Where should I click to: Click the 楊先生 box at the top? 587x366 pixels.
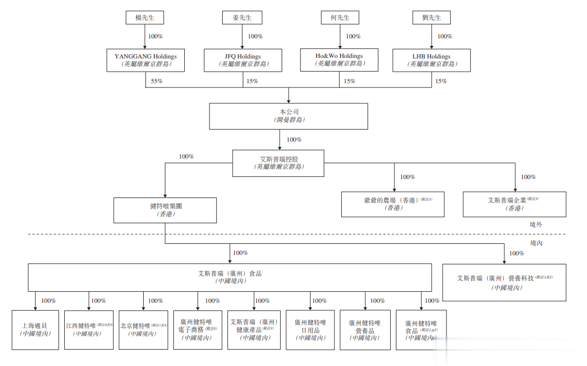click(x=145, y=17)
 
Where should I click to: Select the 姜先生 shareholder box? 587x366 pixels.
click(x=242, y=17)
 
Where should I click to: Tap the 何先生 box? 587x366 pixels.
click(x=340, y=17)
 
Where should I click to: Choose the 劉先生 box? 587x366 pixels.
click(x=432, y=17)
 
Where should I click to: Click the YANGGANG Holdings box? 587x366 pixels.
click(x=145, y=60)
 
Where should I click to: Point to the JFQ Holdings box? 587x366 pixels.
click(x=243, y=60)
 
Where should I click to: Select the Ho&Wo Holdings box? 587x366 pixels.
click(x=340, y=60)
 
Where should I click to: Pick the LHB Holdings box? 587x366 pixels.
click(x=432, y=60)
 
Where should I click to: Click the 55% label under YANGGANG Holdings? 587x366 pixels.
click(x=157, y=81)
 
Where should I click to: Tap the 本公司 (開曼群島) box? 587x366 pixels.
click(x=288, y=116)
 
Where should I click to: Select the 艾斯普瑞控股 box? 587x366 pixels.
click(x=278, y=163)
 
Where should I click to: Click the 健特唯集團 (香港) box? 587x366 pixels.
click(x=165, y=210)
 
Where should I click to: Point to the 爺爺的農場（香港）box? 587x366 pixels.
click(x=394, y=204)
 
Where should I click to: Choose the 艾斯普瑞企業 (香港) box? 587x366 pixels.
click(x=514, y=204)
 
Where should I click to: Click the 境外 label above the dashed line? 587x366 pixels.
click(x=536, y=224)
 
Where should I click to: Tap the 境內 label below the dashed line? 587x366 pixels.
click(x=536, y=243)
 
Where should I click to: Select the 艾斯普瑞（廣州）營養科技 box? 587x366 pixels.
click(x=504, y=282)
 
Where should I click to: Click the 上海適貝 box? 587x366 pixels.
click(x=35, y=330)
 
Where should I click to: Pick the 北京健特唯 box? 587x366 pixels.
click(x=143, y=330)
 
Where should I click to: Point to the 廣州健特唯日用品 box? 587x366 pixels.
click(x=311, y=330)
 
